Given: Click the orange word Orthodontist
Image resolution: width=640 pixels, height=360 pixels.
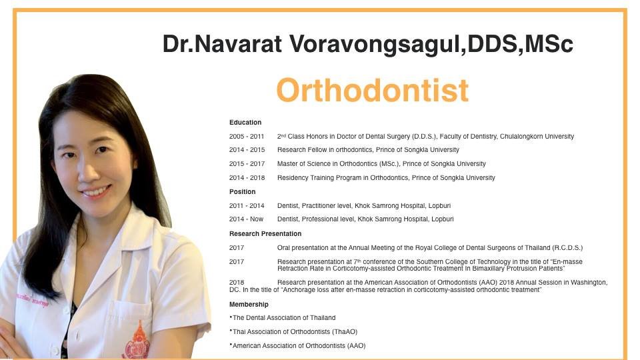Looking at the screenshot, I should coord(372,90).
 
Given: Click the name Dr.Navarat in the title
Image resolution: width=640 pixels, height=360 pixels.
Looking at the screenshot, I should coord(223,44).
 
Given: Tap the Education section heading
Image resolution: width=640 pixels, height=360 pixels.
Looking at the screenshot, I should coord(245,123).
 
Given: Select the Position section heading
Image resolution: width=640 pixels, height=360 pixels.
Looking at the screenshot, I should coord(243,192).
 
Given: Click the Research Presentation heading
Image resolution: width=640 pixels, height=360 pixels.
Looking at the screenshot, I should coord(265,234).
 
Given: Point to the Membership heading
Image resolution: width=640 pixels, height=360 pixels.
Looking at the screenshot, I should coord(249,304).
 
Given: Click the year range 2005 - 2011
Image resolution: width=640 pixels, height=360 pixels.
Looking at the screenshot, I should coord(247,137).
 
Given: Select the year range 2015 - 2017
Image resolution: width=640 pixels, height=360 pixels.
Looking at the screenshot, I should coord(247,164).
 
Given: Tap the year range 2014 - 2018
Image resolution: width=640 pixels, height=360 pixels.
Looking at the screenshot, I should coord(247,178).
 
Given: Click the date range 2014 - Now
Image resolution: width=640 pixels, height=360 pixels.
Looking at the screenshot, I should coord(246,219).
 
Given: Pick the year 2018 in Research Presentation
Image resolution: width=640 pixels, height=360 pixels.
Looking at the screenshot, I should coord(237,283).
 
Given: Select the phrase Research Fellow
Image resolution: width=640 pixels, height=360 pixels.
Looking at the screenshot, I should coord(301,150).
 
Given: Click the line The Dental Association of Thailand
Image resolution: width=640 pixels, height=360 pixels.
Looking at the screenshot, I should coord(283,318).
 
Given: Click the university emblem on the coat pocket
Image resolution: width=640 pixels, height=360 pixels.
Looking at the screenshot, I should coord(136,342).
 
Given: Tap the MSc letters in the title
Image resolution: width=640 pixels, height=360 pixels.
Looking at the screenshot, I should coord(549,44).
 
